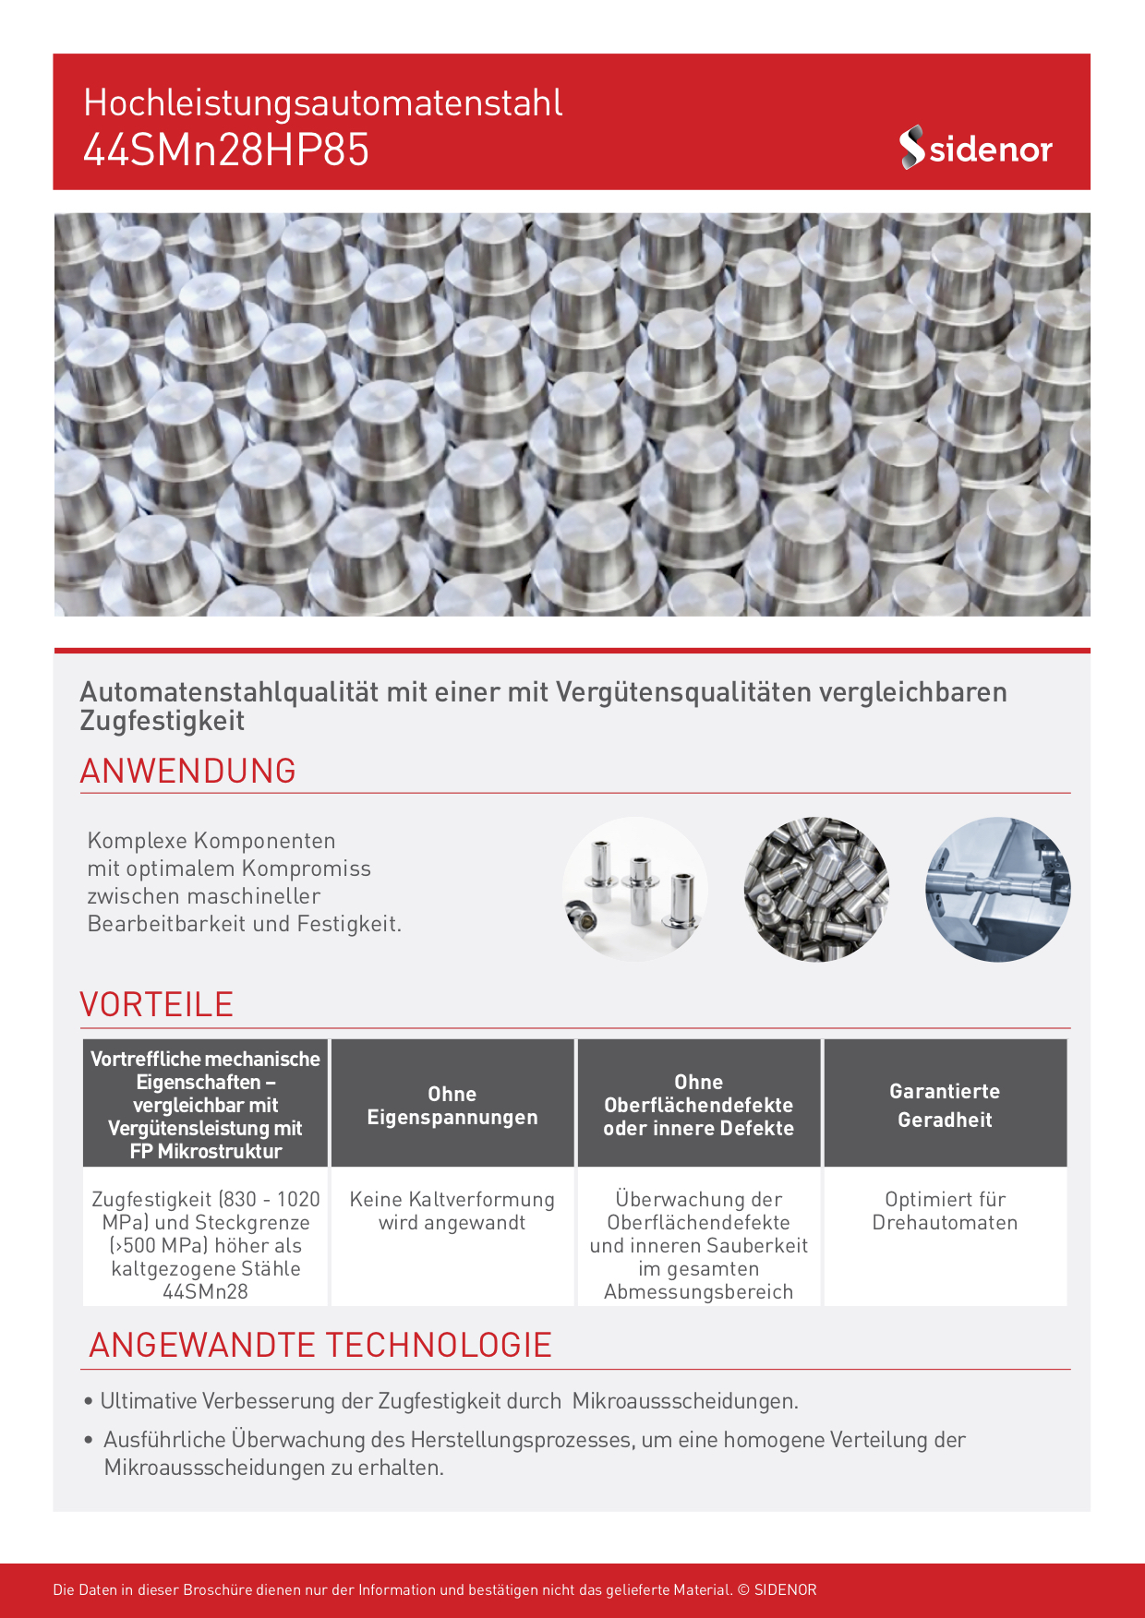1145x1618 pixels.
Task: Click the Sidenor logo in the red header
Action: click(x=975, y=148)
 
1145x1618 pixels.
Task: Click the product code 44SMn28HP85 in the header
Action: click(x=226, y=150)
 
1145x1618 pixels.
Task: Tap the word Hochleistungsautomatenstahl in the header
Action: click(x=322, y=102)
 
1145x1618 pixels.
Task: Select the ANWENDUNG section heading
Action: click(x=187, y=771)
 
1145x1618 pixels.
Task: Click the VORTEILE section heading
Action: click(x=156, y=1004)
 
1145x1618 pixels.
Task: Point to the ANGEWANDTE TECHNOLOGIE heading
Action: click(x=319, y=1345)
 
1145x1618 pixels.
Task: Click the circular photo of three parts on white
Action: click(x=634, y=889)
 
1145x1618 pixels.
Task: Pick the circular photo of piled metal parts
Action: click(x=816, y=889)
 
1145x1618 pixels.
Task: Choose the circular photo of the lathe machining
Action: click(x=997, y=889)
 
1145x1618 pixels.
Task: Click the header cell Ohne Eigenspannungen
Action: click(x=452, y=1105)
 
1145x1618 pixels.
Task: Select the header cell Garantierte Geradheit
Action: click(x=945, y=1105)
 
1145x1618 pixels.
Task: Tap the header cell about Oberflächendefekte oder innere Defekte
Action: click(x=698, y=1105)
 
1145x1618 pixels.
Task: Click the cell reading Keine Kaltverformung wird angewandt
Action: click(x=452, y=1211)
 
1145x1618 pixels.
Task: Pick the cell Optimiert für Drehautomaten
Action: click(x=945, y=1211)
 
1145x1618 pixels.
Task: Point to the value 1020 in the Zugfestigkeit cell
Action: click(x=298, y=1199)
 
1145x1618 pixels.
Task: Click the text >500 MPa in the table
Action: click(x=156, y=1245)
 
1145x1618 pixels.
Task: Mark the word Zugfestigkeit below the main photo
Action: click(x=162, y=721)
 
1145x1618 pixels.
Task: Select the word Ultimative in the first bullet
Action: click(x=149, y=1401)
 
